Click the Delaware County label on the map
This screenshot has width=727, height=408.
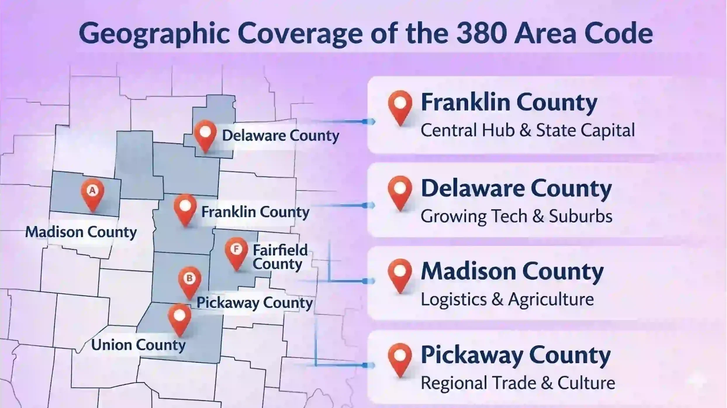(280, 136)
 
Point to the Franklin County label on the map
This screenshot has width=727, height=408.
(255, 212)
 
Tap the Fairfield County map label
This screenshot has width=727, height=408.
(280, 257)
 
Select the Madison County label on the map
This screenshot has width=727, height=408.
(81, 232)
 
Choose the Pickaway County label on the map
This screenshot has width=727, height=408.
(254, 303)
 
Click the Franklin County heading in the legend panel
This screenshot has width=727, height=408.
(509, 102)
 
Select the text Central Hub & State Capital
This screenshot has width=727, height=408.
(528, 130)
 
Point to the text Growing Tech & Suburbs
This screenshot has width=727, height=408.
(516, 216)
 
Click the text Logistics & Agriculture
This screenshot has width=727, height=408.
(507, 299)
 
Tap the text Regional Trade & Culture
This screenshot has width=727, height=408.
(518, 383)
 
